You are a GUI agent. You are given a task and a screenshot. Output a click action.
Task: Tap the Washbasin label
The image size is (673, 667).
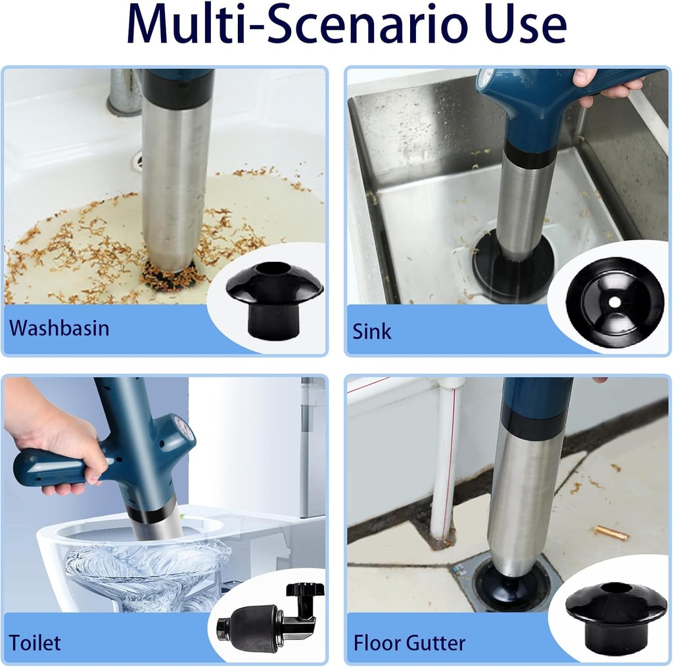pos(60,328)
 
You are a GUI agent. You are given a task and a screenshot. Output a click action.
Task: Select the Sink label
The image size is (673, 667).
pos(372,331)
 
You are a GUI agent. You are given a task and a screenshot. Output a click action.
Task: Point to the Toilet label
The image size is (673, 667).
pos(35,641)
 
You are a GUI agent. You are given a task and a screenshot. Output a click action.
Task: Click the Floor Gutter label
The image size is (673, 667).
pos(409,641)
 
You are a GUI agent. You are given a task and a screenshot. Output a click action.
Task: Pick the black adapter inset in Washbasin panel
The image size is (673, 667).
pos(275,299)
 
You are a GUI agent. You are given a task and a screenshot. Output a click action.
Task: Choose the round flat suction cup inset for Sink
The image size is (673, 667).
pos(615,302)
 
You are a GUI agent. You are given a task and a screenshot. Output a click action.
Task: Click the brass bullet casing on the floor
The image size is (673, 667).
pos(611,532)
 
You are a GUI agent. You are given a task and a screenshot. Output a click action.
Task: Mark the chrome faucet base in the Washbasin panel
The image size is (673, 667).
pos(124,92)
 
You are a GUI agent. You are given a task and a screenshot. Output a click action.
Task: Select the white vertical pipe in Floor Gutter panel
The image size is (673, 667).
pos(446,460)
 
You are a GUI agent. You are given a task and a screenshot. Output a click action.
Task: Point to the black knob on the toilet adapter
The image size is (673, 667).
pos(305,590)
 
